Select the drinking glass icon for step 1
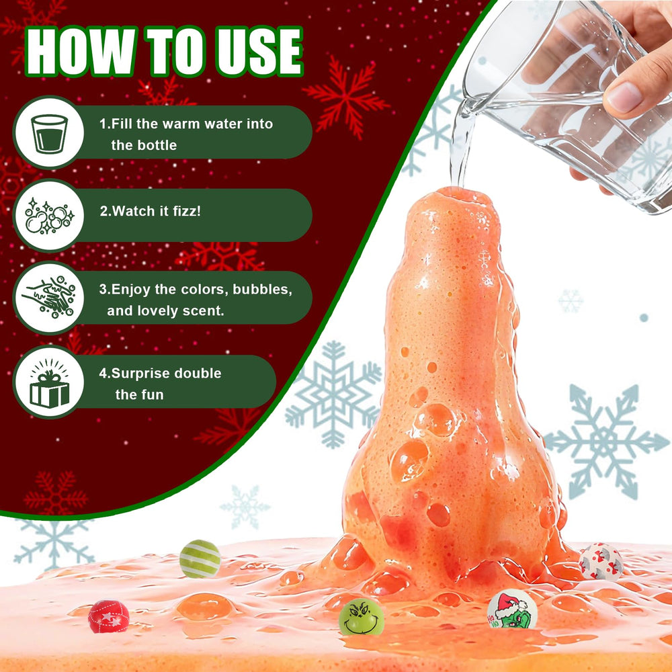tap(49, 133)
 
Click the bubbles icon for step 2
tap(49, 216)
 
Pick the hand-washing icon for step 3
tap(49, 298)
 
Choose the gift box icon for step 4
tap(49, 383)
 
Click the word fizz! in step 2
tap(186, 211)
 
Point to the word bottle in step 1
tap(157, 145)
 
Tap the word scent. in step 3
tap(203, 310)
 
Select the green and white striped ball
tap(200, 559)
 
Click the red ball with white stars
tap(108, 616)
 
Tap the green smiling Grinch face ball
tap(362, 617)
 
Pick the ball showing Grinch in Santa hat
tap(512, 610)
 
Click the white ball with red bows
tap(601, 562)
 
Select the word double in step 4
tap(200, 373)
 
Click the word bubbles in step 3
tap(262, 289)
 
